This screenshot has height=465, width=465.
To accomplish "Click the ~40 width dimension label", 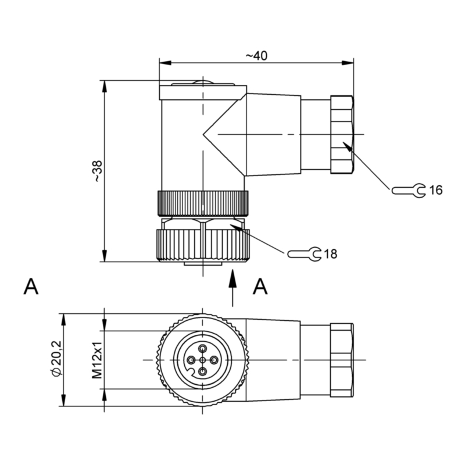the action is coord(256,55).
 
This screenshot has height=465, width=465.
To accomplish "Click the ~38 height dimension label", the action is coord(98,171).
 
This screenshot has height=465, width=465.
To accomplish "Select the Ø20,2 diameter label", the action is coord(56,359).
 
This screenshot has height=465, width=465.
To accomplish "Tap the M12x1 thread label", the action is coord(97,360).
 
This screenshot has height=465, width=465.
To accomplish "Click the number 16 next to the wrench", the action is coord(435,190).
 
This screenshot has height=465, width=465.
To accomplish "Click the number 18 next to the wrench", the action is coord(330,254).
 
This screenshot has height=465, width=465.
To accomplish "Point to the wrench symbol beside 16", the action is coord(409,191).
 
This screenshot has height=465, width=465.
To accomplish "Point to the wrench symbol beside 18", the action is coord(304,254).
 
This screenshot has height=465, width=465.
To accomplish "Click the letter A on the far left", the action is coord(31,287).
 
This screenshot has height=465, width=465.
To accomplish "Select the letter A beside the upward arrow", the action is coord(260,287).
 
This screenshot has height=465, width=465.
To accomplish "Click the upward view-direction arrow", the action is coord(233,287).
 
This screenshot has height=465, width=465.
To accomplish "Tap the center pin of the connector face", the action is coord(202,360).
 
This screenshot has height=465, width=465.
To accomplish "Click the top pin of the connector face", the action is coord(202,349).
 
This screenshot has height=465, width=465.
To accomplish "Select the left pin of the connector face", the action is coord(191,360).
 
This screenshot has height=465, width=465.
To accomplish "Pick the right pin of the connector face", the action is coord(214,360).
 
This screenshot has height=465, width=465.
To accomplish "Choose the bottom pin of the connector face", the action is coord(202,371).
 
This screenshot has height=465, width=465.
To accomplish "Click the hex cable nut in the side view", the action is coord(342,134).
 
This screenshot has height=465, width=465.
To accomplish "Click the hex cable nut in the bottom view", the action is coord(342,360).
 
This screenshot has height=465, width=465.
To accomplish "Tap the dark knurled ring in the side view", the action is coord(203,203).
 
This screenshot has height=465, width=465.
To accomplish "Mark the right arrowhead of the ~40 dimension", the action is coord(348,63).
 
